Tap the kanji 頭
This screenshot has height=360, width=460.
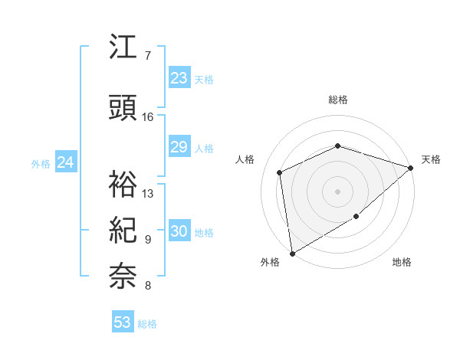pyautogui.click(x=123, y=109)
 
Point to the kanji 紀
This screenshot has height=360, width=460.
pyautogui.click(x=123, y=230)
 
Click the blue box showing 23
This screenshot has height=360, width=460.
pyautogui.click(x=179, y=78)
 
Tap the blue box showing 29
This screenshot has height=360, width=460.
pyautogui.click(x=179, y=147)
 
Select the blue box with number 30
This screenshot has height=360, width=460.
pyautogui.click(x=179, y=231)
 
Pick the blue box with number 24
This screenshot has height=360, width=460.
pyautogui.click(x=66, y=162)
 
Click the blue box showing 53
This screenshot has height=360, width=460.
pyautogui.click(x=123, y=322)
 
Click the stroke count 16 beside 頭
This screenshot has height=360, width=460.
pyautogui.click(x=148, y=117)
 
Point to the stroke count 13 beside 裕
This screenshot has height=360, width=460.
pyautogui.click(x=148, y=194)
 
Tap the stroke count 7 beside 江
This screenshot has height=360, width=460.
pyautogui.click(x=148, y=56)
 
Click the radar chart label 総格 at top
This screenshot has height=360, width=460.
pyautogui.click(x=338, y=100)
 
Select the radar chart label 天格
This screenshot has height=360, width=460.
pyautogui.click(x=431, y=159)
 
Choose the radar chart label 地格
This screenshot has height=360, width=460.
pyautogui.click(x=402, y=262)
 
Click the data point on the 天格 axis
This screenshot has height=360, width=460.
pyautogui.click(x=412, y=168)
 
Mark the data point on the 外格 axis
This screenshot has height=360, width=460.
pyautogui.click(x=291, y=253)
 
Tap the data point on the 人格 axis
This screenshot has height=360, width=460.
pyautogui.click(x=280, y=172)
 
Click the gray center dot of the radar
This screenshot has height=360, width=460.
pyautogui.click(x=338, y=191)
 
